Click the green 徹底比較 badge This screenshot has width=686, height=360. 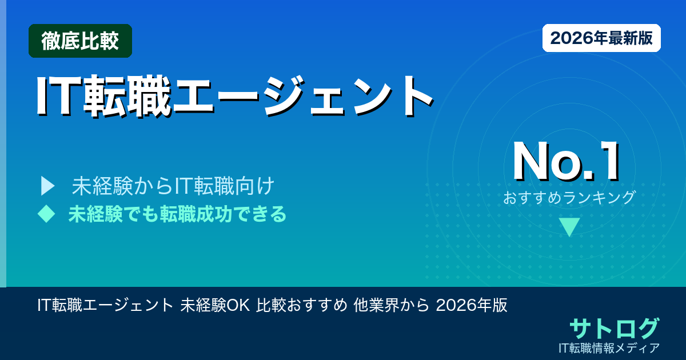80,41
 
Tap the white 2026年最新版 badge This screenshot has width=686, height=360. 601,38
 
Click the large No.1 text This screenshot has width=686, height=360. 566,162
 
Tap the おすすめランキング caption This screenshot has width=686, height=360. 569,198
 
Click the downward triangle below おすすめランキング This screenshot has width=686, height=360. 569,227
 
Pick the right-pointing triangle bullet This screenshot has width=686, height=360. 47,186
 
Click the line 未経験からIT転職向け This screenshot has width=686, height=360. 174,186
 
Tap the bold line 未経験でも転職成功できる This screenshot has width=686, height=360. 177,214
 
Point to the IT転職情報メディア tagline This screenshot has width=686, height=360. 610,347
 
